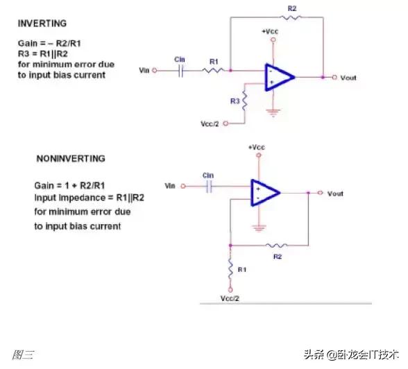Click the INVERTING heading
(x=42, y=23)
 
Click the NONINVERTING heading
(x=71, y=159)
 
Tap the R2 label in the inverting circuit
(x=291, y=7)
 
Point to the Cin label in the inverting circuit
(x=180, y=60)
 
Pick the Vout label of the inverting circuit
(x=349, y=78)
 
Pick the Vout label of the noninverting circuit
(x=335, y=194)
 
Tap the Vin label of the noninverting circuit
(x=170, y=186)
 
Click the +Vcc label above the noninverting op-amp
(x=257, y=148)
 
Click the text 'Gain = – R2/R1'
(x=51, y=43)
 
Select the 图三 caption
(x=23, y=354)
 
